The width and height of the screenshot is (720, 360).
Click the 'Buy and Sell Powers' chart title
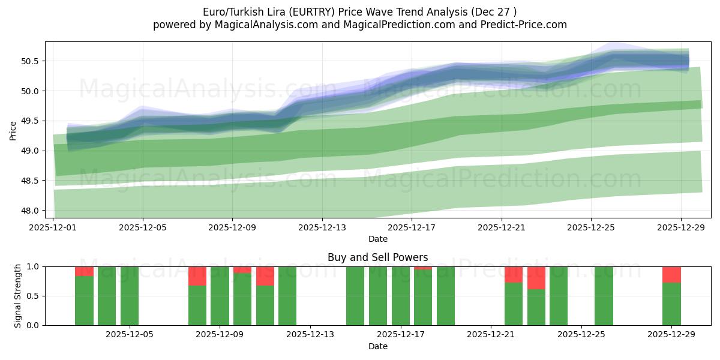pos(378,257)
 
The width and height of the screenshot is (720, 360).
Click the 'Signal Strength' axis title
pos(18,296)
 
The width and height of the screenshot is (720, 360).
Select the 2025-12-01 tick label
pos(53,227)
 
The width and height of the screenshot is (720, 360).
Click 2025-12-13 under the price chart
pos(322,227)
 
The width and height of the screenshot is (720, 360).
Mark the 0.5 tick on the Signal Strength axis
pos(34,296)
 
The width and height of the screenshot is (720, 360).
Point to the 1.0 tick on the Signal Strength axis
pos(34,266)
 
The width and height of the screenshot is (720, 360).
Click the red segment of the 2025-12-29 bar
pos(671,274)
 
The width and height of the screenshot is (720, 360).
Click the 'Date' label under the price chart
pos(378,239)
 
